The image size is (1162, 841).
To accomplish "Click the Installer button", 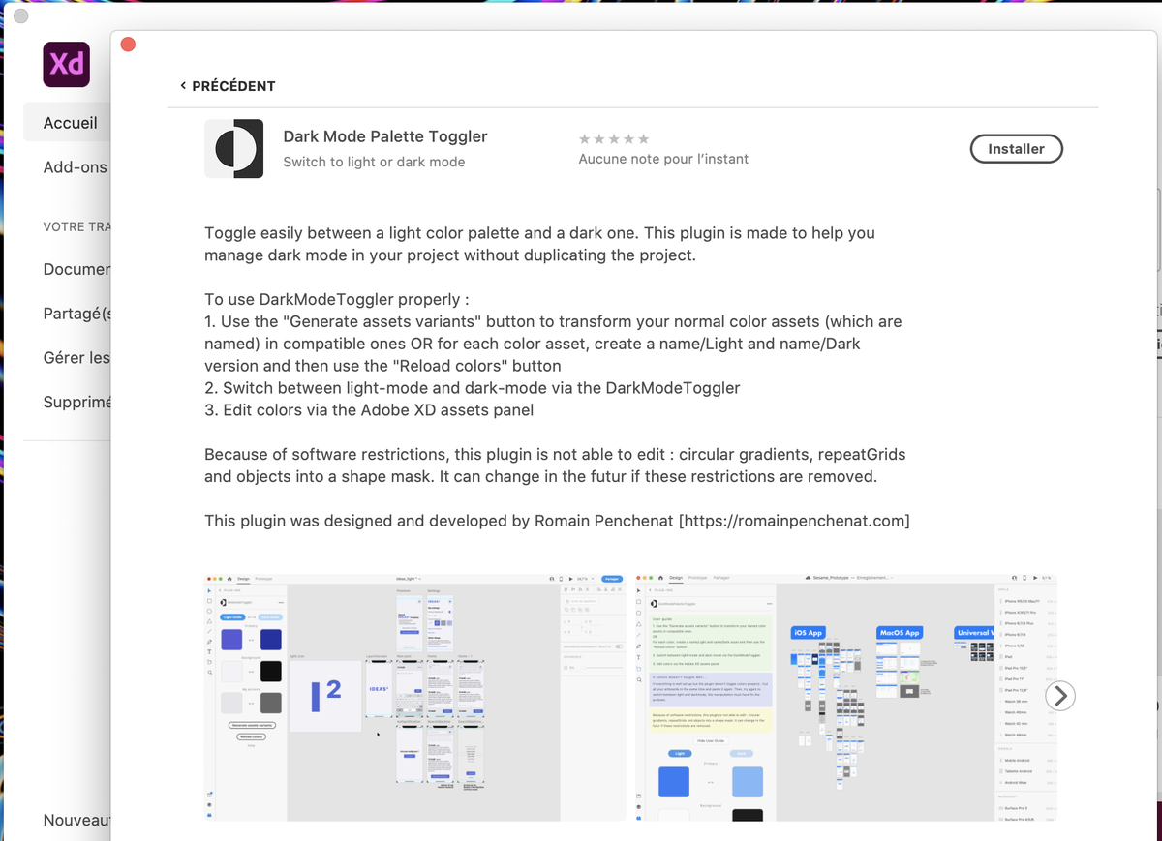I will tap(1016, 149).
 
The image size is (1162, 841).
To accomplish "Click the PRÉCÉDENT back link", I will tap(228, 86).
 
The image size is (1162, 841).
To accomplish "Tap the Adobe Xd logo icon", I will tap(67, 65).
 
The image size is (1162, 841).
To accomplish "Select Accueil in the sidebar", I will tap(71, 123).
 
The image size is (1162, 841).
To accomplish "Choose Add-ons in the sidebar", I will tap(76, 167).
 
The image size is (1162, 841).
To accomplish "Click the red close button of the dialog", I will tap(128, 45).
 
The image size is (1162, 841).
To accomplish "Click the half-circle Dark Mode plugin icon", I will tap(234, 149).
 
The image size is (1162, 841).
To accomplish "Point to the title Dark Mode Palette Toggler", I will tap(384, 136).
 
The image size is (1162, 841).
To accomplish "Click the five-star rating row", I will tap(614, 139).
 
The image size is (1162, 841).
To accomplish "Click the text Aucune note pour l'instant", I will tap(663, 159).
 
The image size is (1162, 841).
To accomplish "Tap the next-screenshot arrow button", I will tap(1060, 695).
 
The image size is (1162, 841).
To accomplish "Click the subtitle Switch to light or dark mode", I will tap(374, 162).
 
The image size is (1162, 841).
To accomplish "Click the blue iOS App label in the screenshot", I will tap(808, 633).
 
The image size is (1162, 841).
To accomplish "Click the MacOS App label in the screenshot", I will tap(899, 633).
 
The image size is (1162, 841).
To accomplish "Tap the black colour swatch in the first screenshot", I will tap(270, 671).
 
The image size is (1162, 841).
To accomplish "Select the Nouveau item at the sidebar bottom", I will tap(76, 820).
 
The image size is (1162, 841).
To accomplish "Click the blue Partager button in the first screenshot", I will tap(611, 578).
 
